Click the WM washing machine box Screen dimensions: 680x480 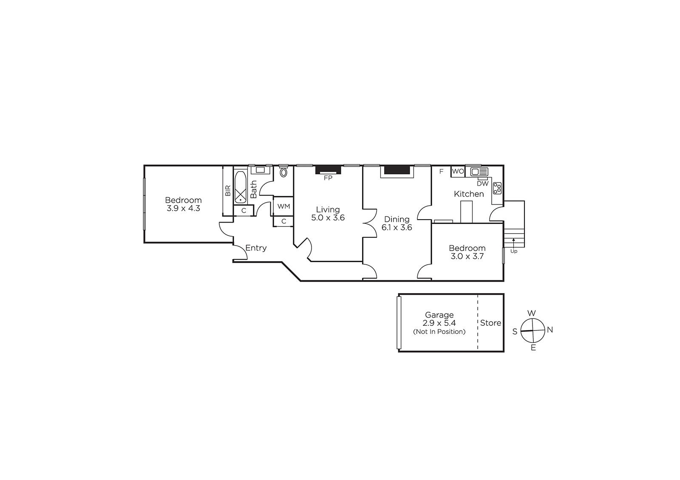pyautogui.click(x=283, y=206)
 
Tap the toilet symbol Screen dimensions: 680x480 pyautogui.click(x=283, y=172)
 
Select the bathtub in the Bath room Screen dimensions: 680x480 pyautogui.click(x=241, y=187)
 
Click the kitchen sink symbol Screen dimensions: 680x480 pyautogui.click(x=479, y=172)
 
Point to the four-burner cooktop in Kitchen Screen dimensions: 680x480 pyautogui.click(x=497, y=188)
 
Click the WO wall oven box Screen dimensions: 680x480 pyautogui.click(x=458, y=172)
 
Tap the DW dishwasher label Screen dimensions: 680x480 pyautogui.click(x=483, y=184)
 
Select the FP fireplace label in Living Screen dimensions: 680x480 pyautogui.click(x=328, y=178)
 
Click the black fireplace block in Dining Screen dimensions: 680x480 pyautogui.click(x=397, y=170)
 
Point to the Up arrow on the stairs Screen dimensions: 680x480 pyautogui.click(x=513, y=243)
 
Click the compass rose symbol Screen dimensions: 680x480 pyautogui.click(x=533, y=330)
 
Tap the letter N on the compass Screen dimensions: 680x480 pyautogui.click(x=550, y=330)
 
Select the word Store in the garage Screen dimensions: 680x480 pyautogui.click(x=490, y=323)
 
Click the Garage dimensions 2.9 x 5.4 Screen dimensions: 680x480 pyautogui.click(x=439, y=323)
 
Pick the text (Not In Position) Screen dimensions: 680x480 pyautogui.click(x=439, y=332)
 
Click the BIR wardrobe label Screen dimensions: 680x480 pyautogui.click(x=228, y=191)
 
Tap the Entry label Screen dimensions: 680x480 pyautogui.click(x=256, y=248)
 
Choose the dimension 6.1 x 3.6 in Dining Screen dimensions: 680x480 pyautogui.click(x=397, y=228)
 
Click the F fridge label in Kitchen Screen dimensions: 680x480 pyautogui.click(x=442, y=172)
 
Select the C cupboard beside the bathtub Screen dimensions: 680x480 pyautogui.click(x=244, y=211)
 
